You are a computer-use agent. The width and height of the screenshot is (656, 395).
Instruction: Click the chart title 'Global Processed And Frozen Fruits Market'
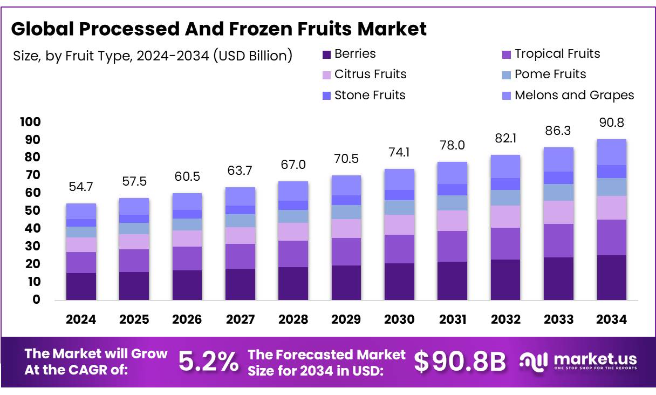218,29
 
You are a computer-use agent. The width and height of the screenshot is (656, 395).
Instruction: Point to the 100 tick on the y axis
30,122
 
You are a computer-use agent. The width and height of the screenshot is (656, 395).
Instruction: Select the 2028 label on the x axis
293,319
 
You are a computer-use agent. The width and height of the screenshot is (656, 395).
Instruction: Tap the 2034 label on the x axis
611,319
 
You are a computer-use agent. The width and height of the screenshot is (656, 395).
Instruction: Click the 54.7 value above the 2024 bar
81,187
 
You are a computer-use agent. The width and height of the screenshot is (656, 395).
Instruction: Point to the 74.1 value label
399,153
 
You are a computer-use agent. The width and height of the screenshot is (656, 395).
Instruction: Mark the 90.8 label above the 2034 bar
611,123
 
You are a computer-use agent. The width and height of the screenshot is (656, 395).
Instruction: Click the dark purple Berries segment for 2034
611,277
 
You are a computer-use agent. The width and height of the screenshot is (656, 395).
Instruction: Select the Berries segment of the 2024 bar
81,286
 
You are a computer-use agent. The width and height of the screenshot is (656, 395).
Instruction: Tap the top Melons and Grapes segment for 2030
399,179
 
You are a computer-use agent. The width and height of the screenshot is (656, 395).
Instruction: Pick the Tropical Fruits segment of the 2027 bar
240,256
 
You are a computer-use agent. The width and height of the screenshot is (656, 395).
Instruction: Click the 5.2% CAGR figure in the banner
208,362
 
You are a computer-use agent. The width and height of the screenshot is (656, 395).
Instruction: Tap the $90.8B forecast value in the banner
460,362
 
